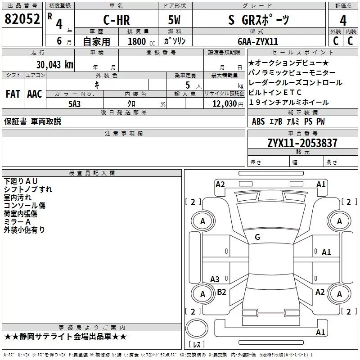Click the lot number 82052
[22, 19]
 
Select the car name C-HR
[117, 20]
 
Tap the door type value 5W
[174, 20]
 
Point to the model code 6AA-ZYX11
[258, 41]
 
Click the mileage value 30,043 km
[54, 65]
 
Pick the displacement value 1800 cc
[141, 41]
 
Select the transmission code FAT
[13, 94]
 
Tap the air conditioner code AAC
[35, 94]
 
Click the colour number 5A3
[75, 104]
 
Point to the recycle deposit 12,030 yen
[228, 104]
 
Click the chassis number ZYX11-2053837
[302, 143]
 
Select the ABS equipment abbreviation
[258, 121]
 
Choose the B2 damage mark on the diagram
[221, 292]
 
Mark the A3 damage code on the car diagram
[215, 279]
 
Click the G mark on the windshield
[257, 237]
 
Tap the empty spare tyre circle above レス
[197, 328]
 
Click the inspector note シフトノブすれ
[28, 189]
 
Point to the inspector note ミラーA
[17, 222]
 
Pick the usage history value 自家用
[96, 41]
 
